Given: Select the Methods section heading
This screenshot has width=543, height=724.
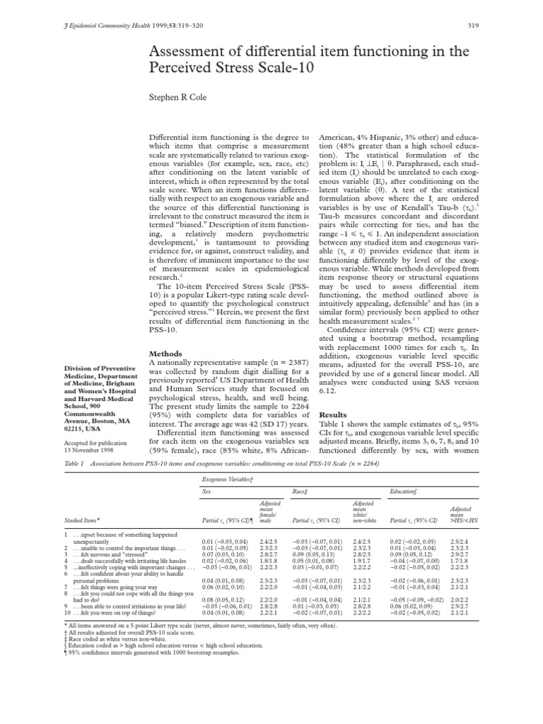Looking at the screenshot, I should pos(167,354).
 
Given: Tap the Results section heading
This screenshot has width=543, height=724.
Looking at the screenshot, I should pos(334,414).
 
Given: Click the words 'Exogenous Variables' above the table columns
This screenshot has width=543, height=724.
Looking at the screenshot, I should pos(233,479).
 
